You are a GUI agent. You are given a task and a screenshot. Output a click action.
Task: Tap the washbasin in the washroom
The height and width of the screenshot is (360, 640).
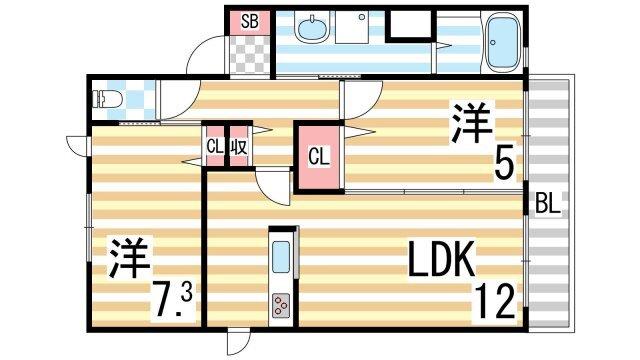(312, 31)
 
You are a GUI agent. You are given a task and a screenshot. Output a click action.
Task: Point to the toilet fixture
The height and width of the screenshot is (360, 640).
(104, 99)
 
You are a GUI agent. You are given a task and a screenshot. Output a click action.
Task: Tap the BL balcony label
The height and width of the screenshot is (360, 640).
(547, 204)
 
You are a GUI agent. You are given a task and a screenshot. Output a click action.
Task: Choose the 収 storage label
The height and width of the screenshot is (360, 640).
(239, 146)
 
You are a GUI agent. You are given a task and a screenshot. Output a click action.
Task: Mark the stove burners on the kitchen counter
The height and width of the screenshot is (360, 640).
(281, 304)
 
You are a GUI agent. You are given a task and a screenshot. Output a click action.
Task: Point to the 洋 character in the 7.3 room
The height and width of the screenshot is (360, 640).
(129, 258)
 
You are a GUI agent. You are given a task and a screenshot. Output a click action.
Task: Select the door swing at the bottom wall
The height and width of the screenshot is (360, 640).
(234, 341)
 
